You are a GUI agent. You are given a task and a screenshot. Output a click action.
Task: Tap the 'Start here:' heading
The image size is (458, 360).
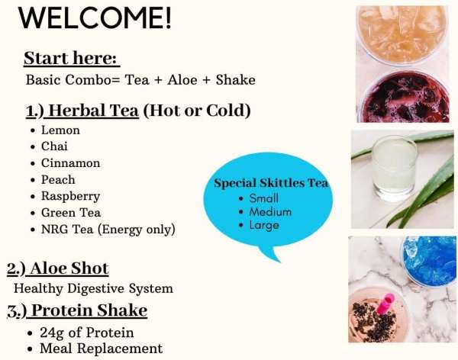coord(72,59)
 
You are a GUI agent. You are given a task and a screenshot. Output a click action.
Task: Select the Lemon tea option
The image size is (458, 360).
coord(60,130)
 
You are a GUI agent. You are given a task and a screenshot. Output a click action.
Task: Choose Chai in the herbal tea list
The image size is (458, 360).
coord(55,146)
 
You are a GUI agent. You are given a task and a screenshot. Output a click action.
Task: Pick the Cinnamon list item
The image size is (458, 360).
coord(70,163)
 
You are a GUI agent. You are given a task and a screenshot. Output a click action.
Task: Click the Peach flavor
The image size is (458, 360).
coord(58,180)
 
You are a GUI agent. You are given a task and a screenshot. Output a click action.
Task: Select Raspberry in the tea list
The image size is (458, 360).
coord(70,196)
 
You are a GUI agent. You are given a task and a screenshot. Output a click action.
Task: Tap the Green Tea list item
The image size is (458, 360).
coord(70,213)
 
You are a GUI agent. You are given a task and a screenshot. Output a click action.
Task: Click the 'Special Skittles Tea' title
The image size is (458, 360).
coord(271,183)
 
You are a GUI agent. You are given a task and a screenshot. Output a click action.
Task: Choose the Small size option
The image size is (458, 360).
coord(264,198)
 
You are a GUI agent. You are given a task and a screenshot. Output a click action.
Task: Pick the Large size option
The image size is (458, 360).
coord(264,225)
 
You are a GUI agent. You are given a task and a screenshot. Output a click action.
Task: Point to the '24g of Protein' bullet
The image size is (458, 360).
coord(86,333)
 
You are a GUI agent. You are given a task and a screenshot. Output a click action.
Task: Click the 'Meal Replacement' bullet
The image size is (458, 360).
coord(101,349)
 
